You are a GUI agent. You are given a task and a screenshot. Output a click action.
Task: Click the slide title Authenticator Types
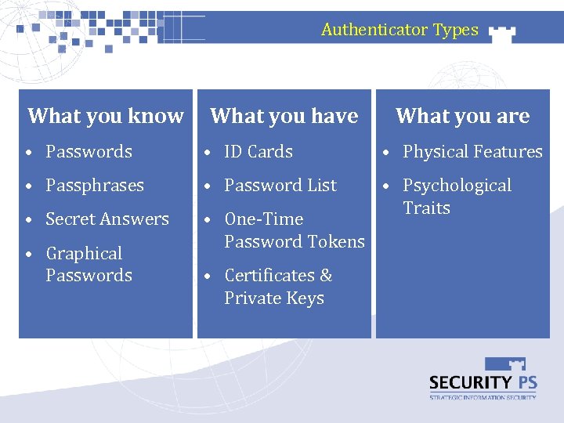[x=399, y=30]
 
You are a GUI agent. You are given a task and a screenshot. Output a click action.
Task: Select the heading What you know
[x=106, y=116]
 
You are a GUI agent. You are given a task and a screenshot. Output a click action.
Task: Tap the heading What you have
[x=284, y=116]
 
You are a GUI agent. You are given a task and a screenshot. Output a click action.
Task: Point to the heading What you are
[x=462, y=116]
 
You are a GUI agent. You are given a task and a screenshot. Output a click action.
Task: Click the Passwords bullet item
[x=89, y=152]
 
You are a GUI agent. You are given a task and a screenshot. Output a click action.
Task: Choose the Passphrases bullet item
[x=95, y=186]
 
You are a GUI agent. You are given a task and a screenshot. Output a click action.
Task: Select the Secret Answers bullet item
[x=107, y=219]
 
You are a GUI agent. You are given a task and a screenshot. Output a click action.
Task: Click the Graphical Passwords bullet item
[x=89, y=264]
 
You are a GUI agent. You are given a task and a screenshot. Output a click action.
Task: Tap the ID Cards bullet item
[x=258, y=152]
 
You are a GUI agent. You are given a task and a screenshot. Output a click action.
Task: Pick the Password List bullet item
[x=280, y=186]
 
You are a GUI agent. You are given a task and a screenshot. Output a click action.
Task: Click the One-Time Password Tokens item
[x=294, y=230]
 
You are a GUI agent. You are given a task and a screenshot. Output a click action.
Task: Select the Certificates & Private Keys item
[x=278, y=287]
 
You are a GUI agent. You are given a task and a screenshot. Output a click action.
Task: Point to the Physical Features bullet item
[x=472, y=152]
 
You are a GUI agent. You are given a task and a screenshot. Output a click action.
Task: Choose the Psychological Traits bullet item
[x=457, y=197]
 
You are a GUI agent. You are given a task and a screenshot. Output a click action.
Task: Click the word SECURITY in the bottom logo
[x=468, y=382]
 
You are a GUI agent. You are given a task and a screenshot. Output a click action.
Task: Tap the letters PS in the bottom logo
[x=523, y=382]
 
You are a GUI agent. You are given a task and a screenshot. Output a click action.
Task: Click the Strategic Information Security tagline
[x=483, y=398]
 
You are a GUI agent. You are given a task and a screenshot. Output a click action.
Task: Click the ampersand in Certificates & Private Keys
[x=326, y=276]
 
